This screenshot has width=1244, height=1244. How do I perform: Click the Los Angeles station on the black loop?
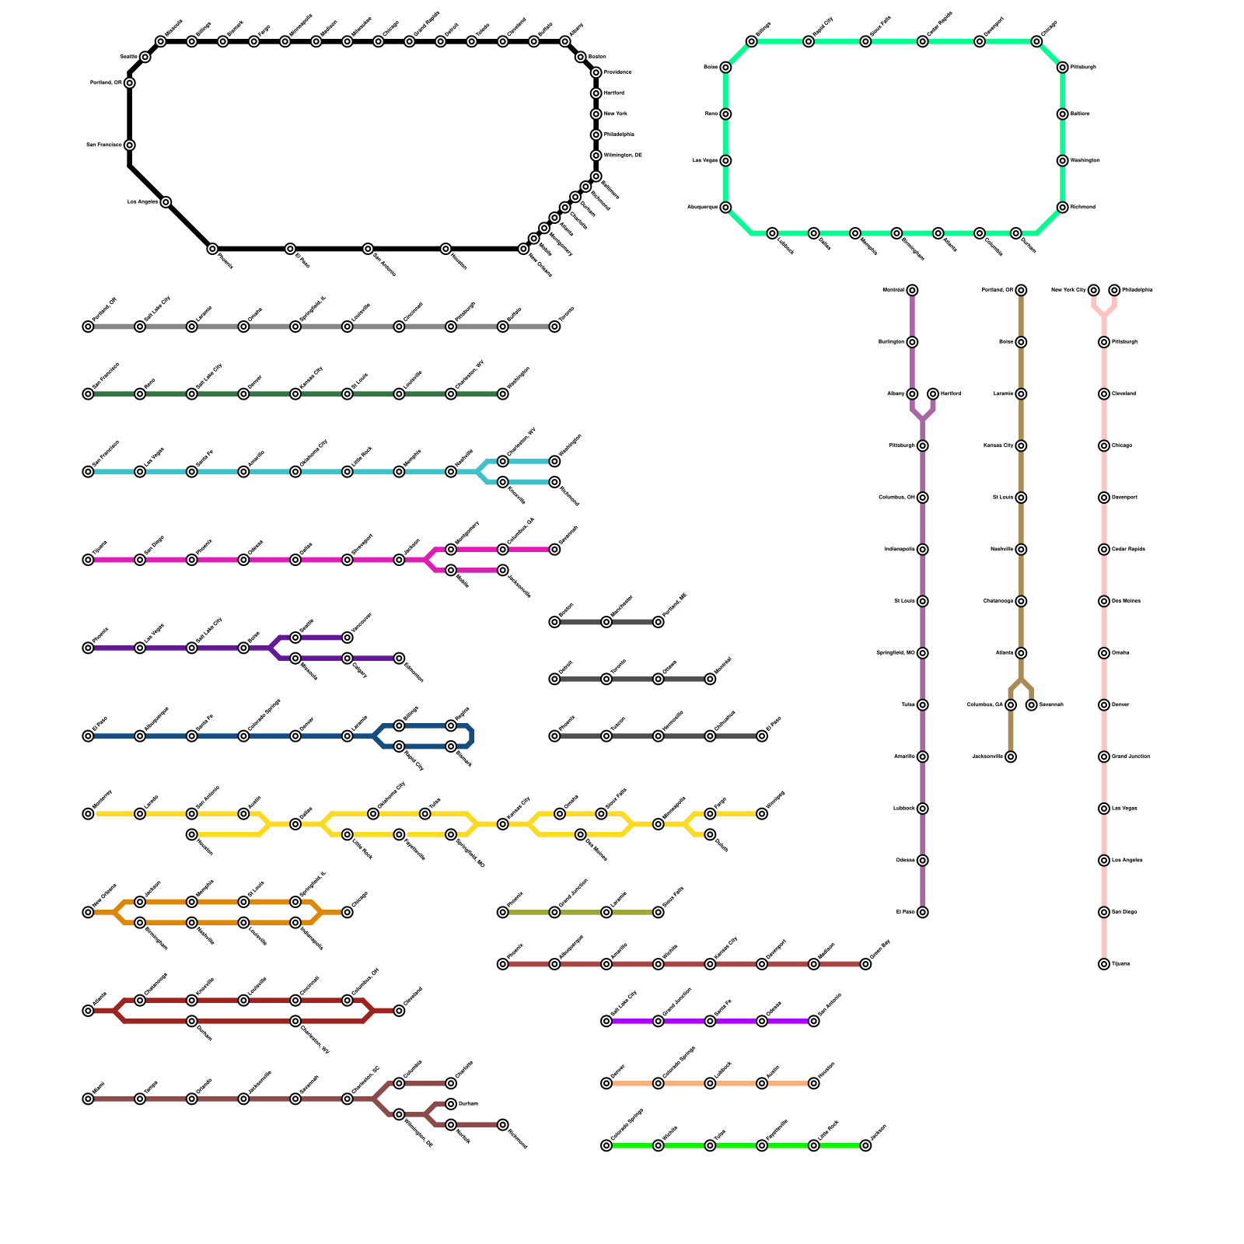coord(166,202)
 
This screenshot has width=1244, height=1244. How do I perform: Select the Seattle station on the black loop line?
coord(145,57)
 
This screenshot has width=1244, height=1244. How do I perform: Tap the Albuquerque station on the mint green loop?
coord(725,208)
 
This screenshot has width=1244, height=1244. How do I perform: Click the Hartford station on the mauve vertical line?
coord(933,394)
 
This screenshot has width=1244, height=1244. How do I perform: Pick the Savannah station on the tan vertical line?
coord(1031,705)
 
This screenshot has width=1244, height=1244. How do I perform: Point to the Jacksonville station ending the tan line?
coord(1011,757)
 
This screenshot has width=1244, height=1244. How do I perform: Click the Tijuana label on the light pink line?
coord(1120,964)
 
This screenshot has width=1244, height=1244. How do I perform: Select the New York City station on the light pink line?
coord(1094,291)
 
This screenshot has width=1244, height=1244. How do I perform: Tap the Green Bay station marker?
coord(865,964)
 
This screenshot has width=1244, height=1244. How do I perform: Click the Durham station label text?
coord(468,1104)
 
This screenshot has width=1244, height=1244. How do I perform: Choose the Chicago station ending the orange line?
coord(348,912)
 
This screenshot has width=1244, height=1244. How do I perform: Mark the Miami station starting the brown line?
coord(88,1099)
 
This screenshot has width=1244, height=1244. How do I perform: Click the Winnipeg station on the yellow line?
coord(762,814)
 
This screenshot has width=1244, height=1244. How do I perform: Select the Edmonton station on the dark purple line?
coord(399,659)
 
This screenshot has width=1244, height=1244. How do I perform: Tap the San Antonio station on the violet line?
coord(814,1021)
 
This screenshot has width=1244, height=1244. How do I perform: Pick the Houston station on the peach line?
coord(814,1083)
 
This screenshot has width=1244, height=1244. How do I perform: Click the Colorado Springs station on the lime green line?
coord(606,1145)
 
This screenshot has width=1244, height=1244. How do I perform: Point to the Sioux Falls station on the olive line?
coord(659,912)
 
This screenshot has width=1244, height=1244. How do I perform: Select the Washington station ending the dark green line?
coord(503,394)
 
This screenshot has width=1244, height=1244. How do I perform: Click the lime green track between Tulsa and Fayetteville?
coord(736,1145)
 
